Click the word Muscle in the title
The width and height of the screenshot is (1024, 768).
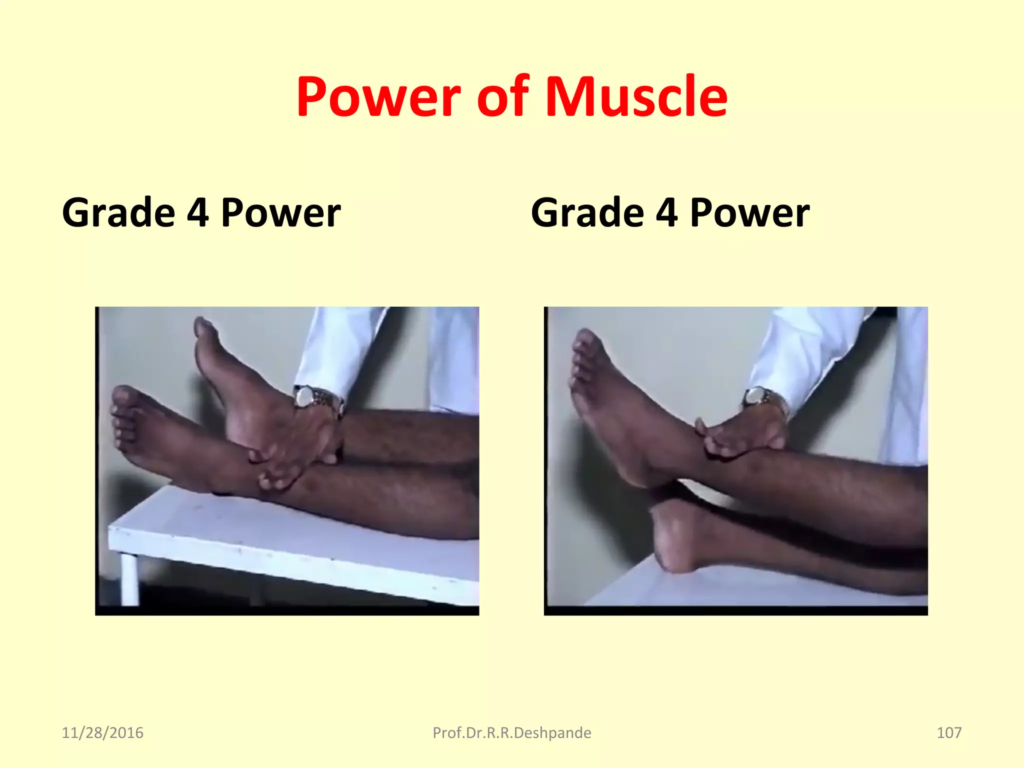pos(636,97)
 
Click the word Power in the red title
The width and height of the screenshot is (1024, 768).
pos(378,97)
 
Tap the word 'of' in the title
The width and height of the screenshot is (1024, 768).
pos(502,97)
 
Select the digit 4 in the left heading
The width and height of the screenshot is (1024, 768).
pos(197,213)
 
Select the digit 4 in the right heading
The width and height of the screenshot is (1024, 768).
pos(666,213)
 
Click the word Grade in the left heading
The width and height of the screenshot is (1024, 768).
pos(118,213)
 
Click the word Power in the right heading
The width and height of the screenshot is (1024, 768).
pos(749,213)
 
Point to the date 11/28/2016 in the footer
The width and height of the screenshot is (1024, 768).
pos(102,733)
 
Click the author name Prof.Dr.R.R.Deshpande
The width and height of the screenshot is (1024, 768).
pos(511,733)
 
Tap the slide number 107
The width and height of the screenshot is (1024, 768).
pos(948,733)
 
